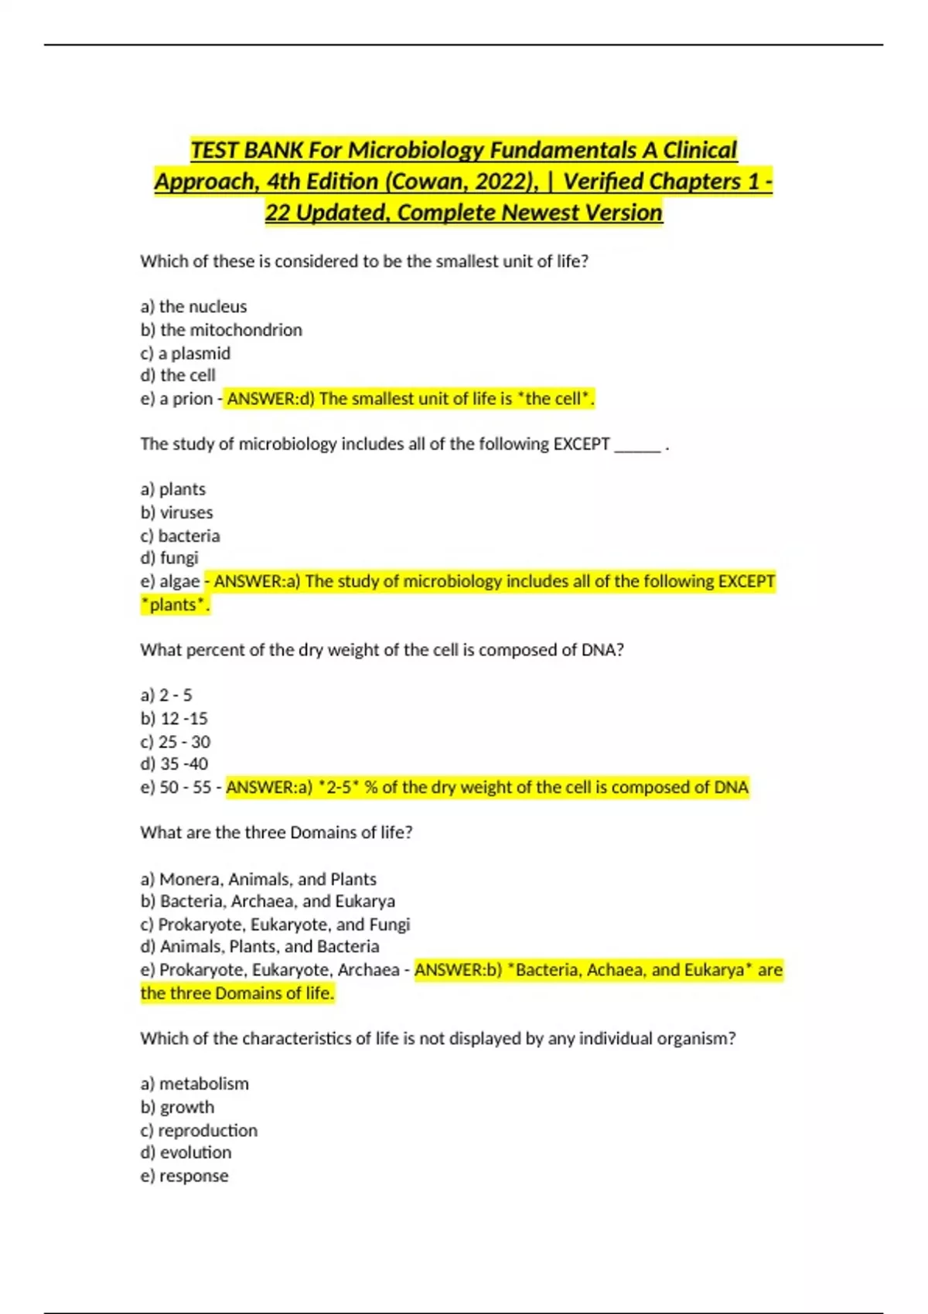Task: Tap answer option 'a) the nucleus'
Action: pos(193,307)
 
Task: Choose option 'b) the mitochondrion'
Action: pos(221,330)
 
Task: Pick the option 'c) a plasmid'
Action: pos(186,353)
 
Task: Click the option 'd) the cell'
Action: pos(178,376)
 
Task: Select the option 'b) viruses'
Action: pos(176,512)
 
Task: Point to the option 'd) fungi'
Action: pos(169,558)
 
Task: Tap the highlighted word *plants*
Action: pos(173,604)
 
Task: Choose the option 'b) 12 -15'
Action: pos(174,719)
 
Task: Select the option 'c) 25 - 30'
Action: pos(176,742)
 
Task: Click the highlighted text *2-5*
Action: pos(339,788)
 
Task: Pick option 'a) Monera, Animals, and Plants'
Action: pos(258,879)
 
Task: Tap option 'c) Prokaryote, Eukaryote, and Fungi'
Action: pos(275,924)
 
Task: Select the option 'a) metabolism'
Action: pos(195,1084)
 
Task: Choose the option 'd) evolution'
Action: pos(186,1152)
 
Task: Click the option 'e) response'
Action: pos(185,1176)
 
